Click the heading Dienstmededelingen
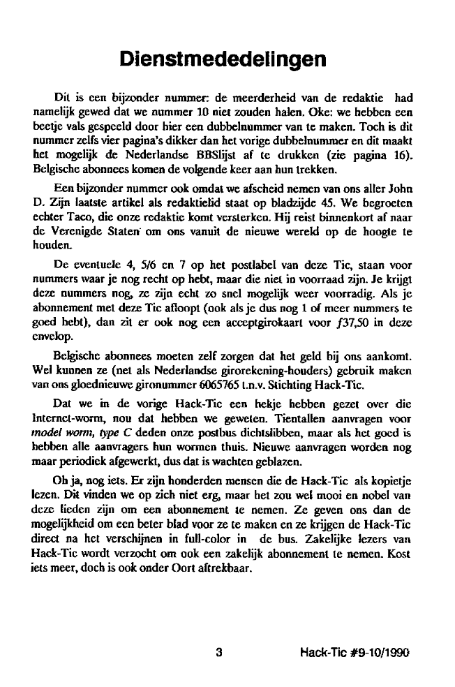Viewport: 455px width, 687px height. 223,58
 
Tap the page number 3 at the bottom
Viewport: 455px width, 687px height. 219,653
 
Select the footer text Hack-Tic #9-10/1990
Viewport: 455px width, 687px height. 353,653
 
